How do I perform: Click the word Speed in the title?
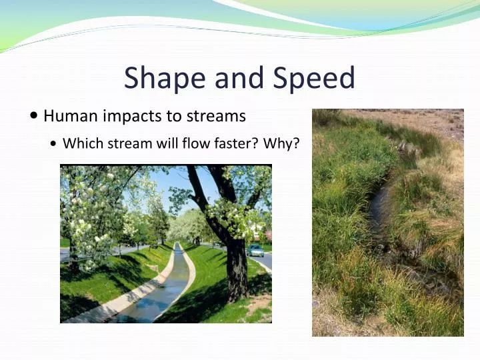pyautogui.click(x=315, y=79)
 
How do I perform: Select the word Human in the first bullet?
pyautogui.click(x=70, y=116)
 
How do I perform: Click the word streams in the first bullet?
pyautogui.click(x=215, y=116)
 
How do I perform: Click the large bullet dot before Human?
pyautogui.click(x=34, y=116)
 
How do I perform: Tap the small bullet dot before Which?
pyautogui.click(x=53, y=144)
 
